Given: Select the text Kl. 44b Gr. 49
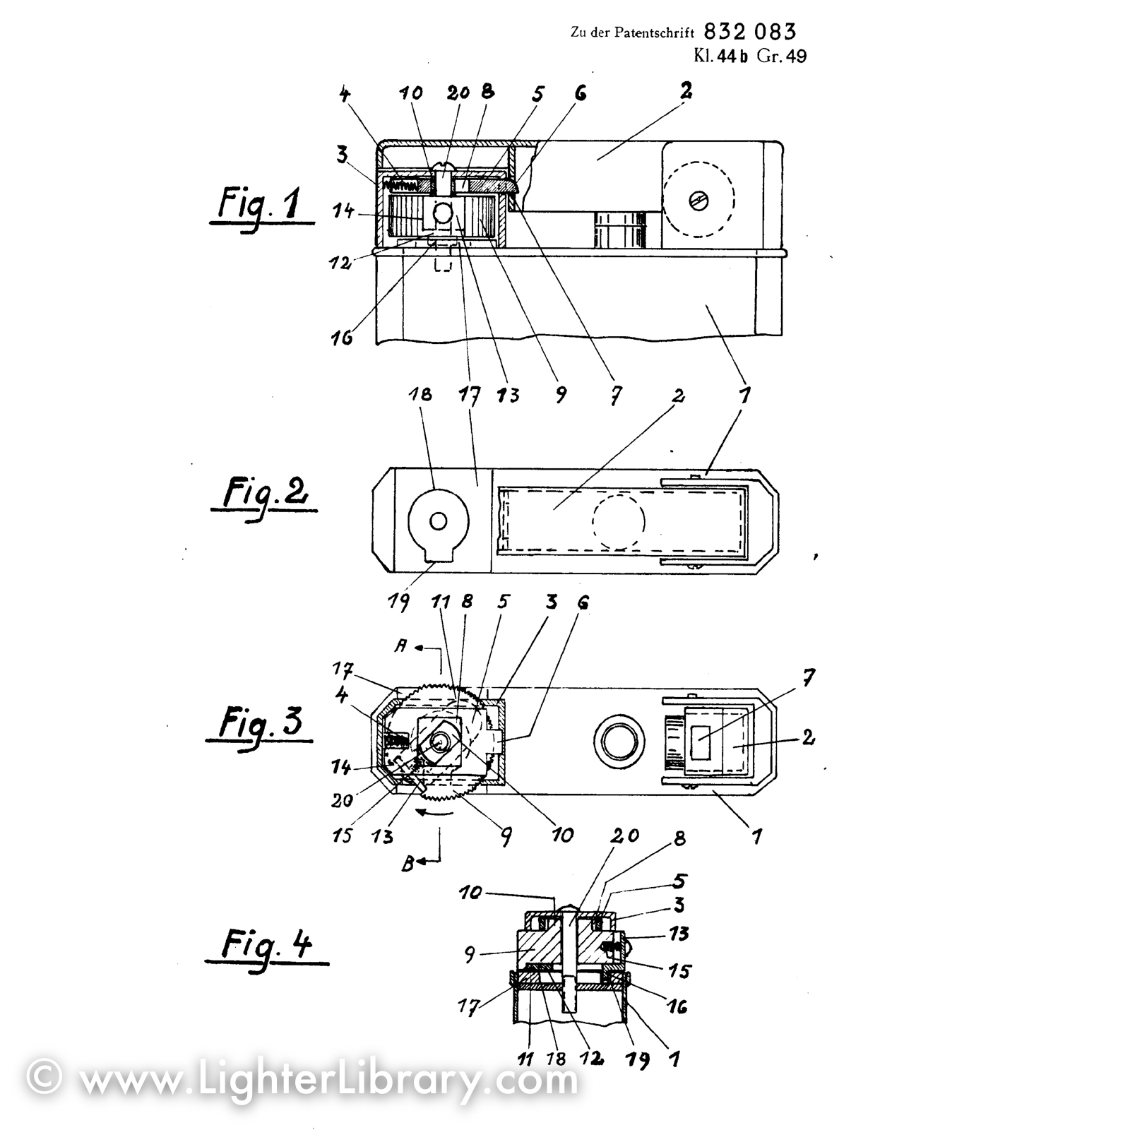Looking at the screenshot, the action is click(749, 56).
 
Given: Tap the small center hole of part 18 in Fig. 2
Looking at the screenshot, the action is click(439, 522).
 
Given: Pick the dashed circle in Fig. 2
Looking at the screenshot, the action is click(619, 521).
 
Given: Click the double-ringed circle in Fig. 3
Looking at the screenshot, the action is click(619, 744).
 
